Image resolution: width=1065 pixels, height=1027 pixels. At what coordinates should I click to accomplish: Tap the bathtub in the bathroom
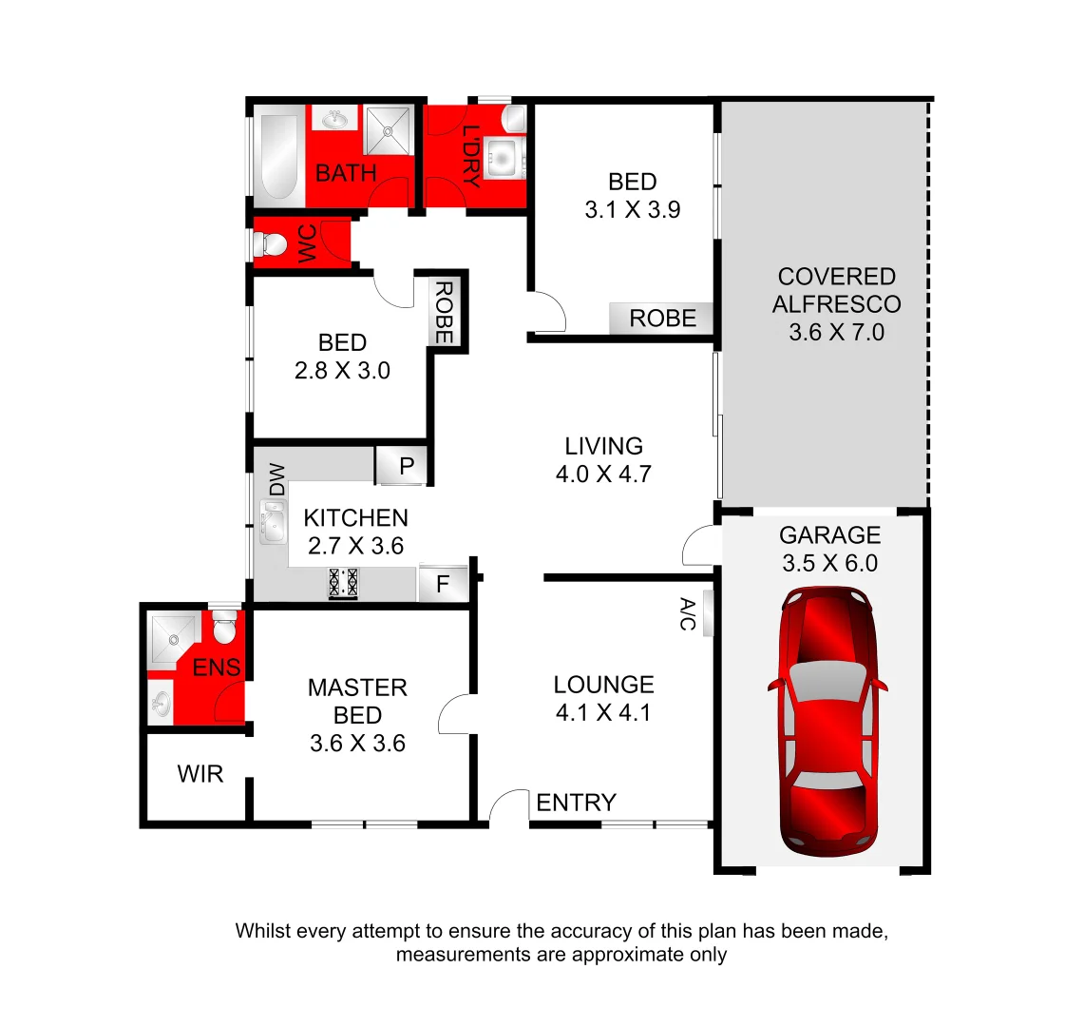point(277,157)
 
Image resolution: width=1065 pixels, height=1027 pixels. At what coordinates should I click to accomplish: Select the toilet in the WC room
point(273,244)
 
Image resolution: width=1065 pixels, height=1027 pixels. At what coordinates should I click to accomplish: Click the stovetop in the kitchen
point(343,582)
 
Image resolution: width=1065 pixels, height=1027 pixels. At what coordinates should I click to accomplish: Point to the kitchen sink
point(274,522)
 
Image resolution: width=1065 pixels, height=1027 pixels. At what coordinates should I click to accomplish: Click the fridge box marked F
point(444,583)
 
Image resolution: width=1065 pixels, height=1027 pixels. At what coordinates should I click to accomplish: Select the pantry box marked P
point(405,466)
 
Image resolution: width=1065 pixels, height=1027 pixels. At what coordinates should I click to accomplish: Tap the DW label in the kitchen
point(276,479)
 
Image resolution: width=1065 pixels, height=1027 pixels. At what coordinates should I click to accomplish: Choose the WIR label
point(200,774)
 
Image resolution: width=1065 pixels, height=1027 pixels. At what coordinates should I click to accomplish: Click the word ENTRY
point(576,803)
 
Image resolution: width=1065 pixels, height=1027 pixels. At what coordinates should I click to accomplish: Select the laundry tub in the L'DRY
point(502,158)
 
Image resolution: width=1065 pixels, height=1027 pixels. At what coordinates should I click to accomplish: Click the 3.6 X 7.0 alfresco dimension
point(836,332)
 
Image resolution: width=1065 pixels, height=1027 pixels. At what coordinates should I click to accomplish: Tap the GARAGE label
point(829,534)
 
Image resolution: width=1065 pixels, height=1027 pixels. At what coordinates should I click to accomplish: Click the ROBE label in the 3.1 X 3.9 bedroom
point(662,319)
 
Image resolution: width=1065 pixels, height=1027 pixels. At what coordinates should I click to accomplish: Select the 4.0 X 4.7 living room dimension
point(603,474)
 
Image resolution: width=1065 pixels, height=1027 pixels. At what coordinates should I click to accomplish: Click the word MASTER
point(357,688)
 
